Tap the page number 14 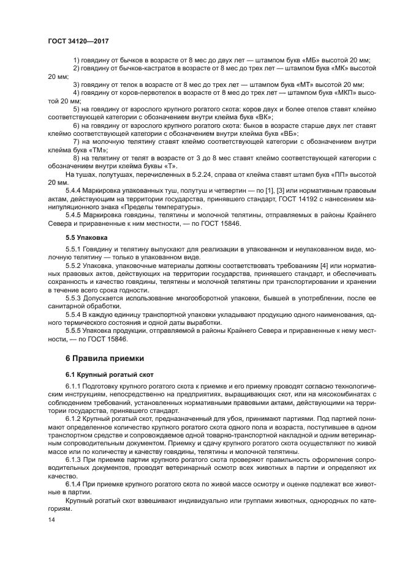tap(51, 519)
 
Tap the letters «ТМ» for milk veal tap(96, 149)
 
